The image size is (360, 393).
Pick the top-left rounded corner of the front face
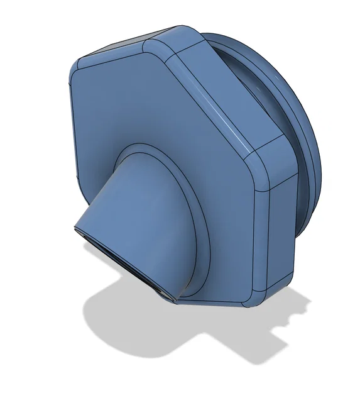tap(79, 66)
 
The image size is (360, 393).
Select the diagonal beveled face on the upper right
tap(220, 94)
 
